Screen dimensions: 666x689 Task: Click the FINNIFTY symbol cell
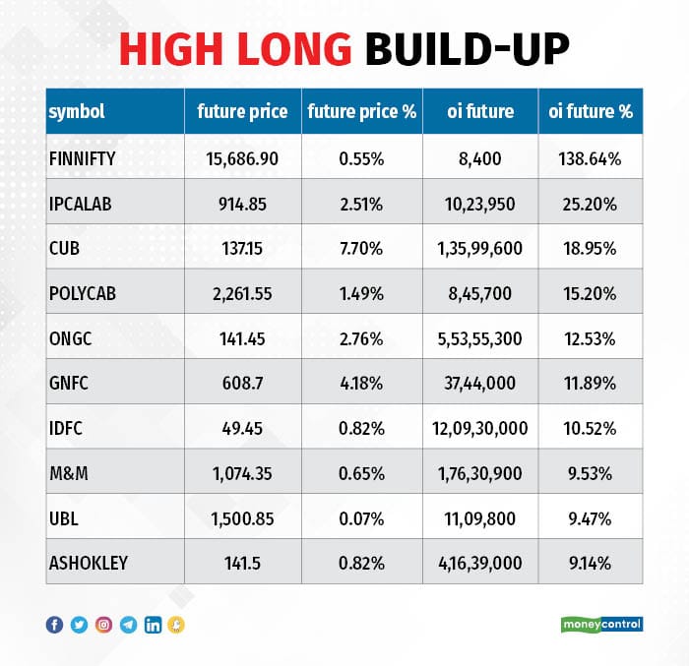tap(82, 157)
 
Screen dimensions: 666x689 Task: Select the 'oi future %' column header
tap(590, 111)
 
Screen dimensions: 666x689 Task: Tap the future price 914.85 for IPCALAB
tap(242, 204)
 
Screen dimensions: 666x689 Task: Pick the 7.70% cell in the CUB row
tap(362, 249)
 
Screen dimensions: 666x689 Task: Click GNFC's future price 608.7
tap(242, 383)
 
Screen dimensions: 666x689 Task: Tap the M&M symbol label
tap(67, 473)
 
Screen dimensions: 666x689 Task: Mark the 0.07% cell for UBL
tap(362, 517)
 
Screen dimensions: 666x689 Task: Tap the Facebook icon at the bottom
tap(54, 624)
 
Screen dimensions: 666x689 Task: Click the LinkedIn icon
tap(153, 624)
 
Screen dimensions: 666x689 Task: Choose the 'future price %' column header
tap(362, 111)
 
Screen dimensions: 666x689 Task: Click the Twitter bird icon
tap(79, 624)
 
